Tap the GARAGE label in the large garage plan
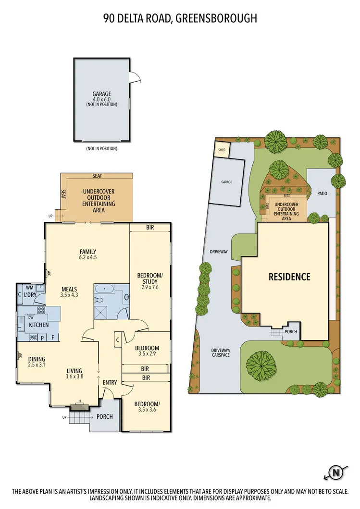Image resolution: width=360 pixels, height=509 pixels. coord(101,94)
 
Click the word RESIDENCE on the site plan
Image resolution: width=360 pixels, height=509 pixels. coord(289,277)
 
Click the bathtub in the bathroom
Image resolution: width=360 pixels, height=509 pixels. coord(104,289)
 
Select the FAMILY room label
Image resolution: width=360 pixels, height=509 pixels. coord(88,252)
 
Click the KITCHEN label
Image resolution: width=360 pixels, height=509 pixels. coord(39,325)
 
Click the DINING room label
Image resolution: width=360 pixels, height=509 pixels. coord(37,359)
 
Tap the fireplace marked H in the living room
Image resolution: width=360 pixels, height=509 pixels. coord(80,407)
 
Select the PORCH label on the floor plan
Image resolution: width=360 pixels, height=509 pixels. coord(104,416)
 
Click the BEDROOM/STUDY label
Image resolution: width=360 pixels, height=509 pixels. coord(150,279)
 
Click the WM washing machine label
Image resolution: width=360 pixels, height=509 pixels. coord(29,288)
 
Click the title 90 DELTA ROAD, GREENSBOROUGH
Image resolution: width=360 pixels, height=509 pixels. coord(180,18)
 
